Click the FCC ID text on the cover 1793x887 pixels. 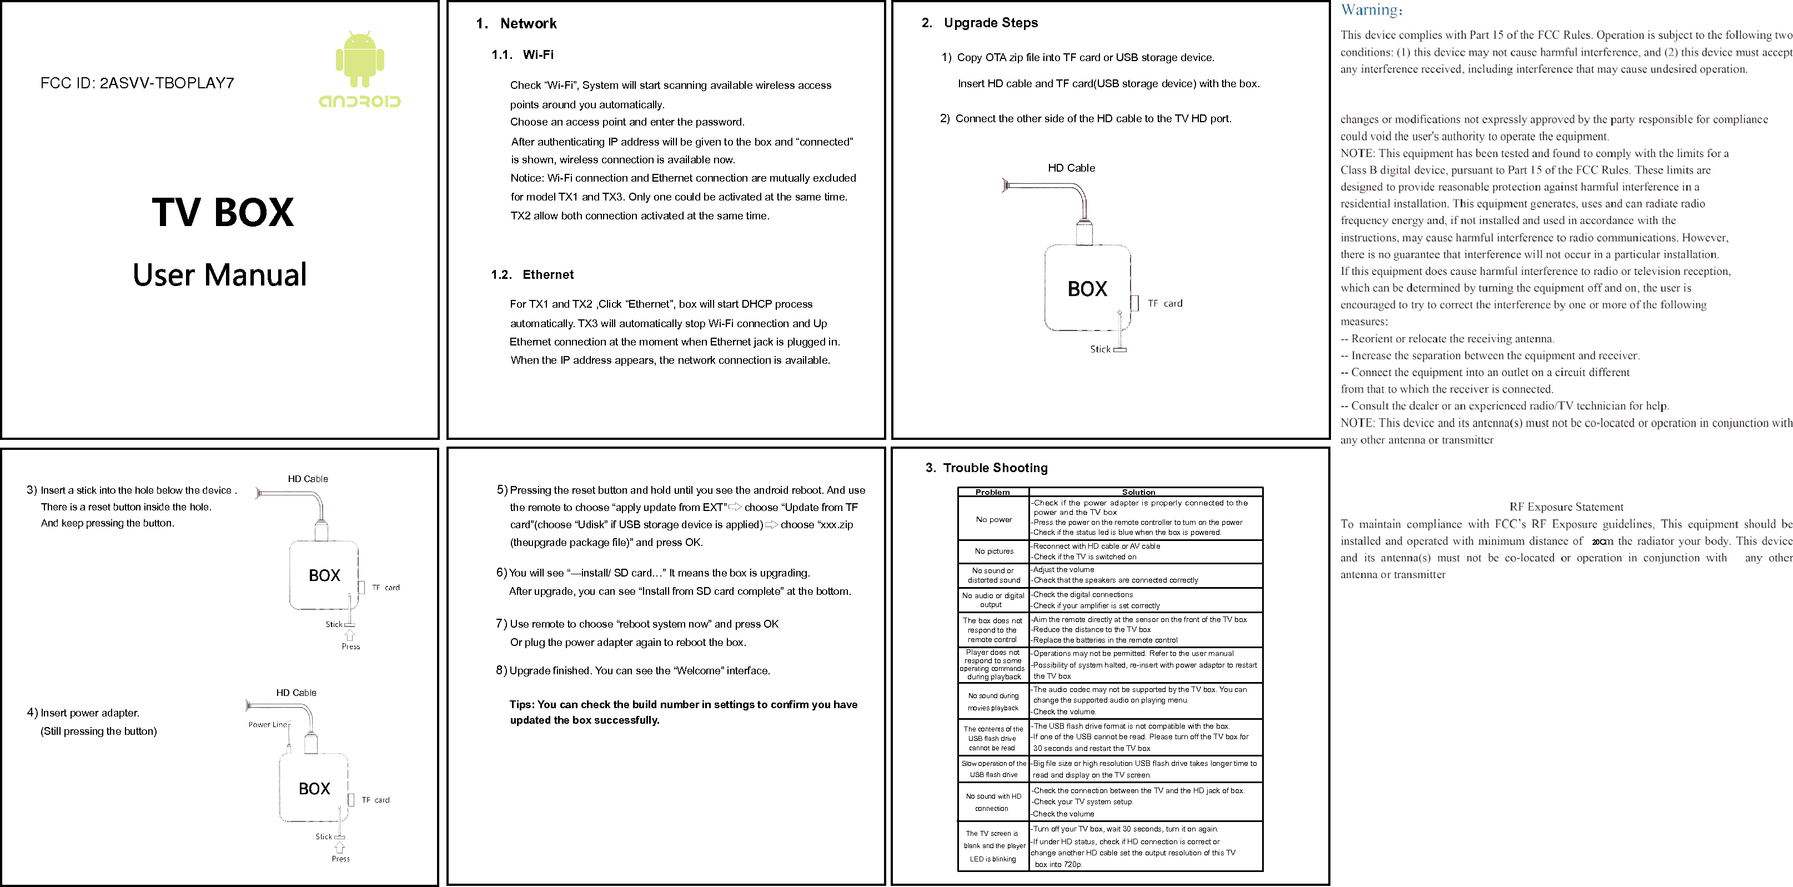click(137, 83)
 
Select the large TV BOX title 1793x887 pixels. click(223, 212)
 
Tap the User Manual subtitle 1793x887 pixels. click(219, 275)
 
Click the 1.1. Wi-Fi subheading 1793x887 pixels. click(523, 55)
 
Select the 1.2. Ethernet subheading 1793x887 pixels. click(533, 275)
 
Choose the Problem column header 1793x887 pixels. click(992, 492)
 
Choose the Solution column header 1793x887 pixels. click(1139, 492)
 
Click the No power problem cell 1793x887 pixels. click(993, 519)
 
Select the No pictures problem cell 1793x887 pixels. click(994, 552)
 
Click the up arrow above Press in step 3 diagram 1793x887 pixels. click(350, 635)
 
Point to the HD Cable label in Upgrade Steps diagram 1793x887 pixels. click(1071, 168)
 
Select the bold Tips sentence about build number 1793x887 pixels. click(683, 712)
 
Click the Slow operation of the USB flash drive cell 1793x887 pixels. click(993, 769)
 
